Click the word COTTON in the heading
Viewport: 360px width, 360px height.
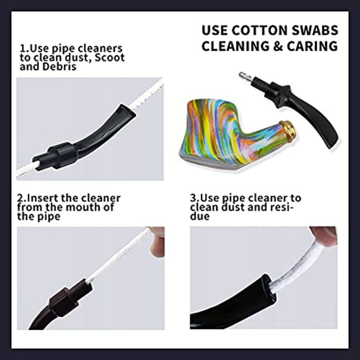(259, 30)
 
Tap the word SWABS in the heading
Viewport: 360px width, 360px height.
(315, 30)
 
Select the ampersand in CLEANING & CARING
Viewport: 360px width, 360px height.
(278, 46)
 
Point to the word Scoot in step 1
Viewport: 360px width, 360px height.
(110, 58)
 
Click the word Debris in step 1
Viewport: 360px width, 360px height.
(59, 67)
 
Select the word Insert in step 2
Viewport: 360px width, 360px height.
(42, 198)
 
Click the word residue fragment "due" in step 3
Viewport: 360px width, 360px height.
(200, 216)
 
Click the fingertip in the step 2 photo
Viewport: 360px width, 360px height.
(157, 243)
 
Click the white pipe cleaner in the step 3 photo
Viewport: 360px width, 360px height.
(299, 264)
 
